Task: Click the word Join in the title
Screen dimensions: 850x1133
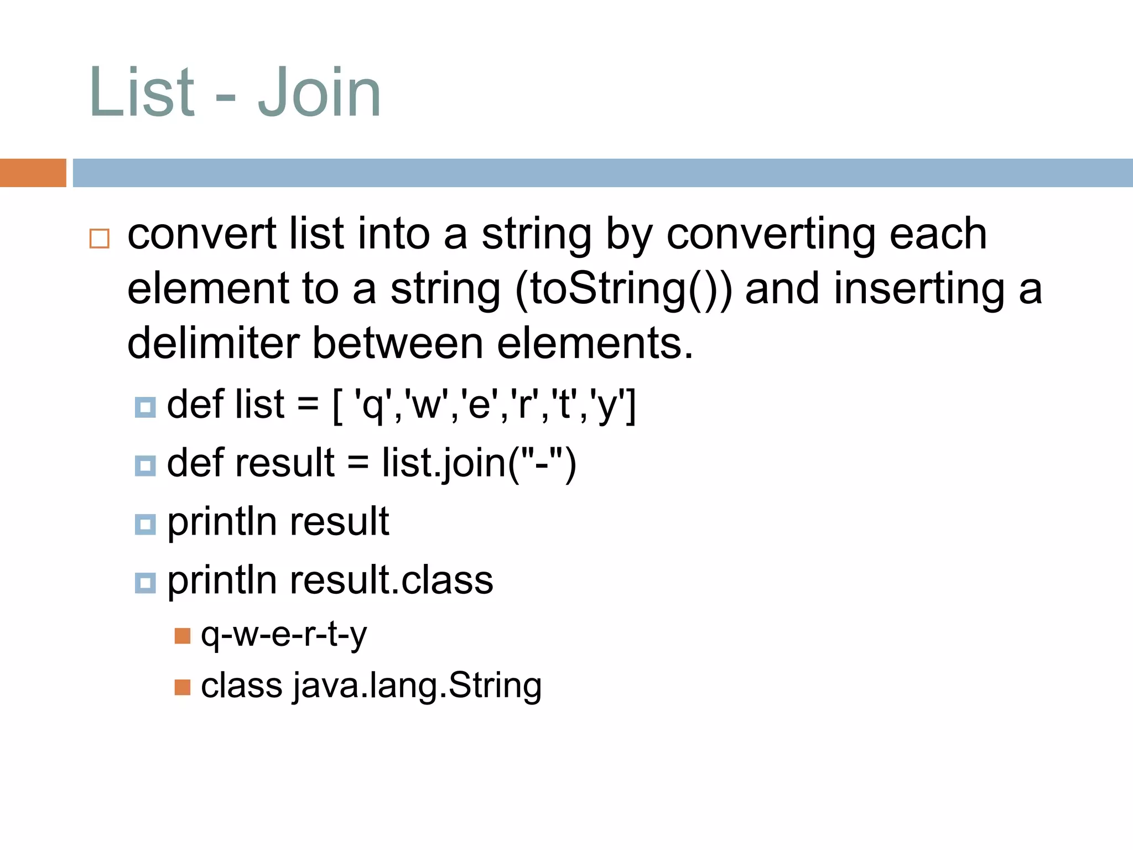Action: coord(319,93)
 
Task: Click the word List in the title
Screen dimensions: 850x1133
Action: coord(142,93)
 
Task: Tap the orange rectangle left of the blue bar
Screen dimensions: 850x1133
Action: coord(33,173)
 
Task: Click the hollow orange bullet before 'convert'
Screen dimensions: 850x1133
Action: coord(100,239)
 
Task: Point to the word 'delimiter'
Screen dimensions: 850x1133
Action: coord(214,343)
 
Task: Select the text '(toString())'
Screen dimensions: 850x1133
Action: coord(623,289)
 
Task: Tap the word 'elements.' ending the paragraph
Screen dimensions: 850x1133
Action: coord(595,343)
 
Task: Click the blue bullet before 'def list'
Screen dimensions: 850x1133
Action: coord(145,407)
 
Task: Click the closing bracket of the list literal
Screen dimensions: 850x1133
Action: coord(631,406)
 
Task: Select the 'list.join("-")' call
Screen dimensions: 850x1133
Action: coord(479,463)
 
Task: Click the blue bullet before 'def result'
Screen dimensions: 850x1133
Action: coord(145,465)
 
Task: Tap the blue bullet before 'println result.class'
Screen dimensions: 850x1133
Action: coord(145,583)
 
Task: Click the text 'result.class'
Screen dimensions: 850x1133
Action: coord(391,581)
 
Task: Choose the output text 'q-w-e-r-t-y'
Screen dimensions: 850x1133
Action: coord(283,635)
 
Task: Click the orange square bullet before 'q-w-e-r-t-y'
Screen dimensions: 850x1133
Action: coord(182,636)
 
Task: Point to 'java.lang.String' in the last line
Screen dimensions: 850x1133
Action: coord(417,686)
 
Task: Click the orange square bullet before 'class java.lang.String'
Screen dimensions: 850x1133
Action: coord(182,687)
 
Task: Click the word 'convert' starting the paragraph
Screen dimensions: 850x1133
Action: coord(201,234)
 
